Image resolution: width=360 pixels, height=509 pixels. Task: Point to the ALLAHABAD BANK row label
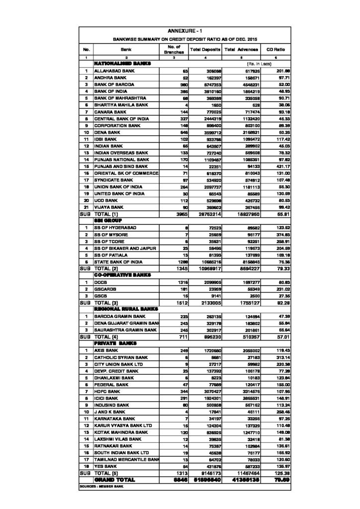pyautogui.click(x=111, y=72)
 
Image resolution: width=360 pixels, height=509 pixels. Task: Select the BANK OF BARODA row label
pyautogui.click(x=111, y=85)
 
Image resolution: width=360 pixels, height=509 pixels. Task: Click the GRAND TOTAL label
pyautogui.click(x=116, y=480)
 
